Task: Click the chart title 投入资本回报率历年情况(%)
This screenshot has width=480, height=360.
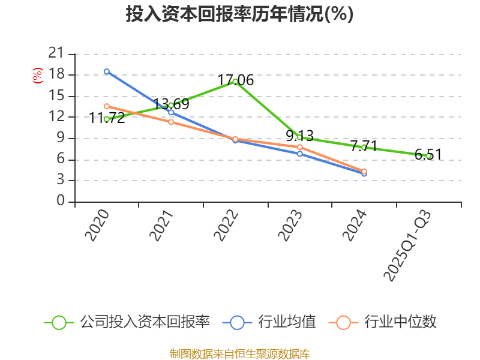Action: (x=239, y=14)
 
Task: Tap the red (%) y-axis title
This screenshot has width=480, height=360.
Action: (x=38, y=76)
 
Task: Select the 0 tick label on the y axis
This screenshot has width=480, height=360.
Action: (x=60, y=202)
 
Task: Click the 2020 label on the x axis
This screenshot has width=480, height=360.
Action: (x=97, y=225)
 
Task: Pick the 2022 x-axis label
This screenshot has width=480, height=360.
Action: (x=226, y=225)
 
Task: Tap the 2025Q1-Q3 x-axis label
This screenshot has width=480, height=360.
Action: (x=407, y=246)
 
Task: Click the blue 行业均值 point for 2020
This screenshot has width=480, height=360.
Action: (x=107, y=71)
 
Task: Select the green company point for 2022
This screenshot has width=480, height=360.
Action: (x=235, y=81)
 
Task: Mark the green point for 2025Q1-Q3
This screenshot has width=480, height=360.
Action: (x=428, y=156)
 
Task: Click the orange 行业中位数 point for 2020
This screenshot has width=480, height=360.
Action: (x=107, y=106)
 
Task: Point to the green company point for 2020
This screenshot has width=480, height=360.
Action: (x=107, y=119)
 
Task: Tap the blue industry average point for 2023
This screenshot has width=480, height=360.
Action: (x=299, y=154)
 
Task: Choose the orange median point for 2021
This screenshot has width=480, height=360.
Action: (x=171, y=122)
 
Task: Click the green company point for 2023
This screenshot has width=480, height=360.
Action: (x=299, y=137)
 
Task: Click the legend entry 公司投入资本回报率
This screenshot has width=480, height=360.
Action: (x=145, y=322)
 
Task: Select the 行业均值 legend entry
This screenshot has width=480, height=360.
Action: (x=287, y=322)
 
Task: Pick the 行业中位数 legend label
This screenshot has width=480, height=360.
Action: (x=401, y=322)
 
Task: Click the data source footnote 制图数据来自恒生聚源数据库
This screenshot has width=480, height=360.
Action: (x=239, y=353)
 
